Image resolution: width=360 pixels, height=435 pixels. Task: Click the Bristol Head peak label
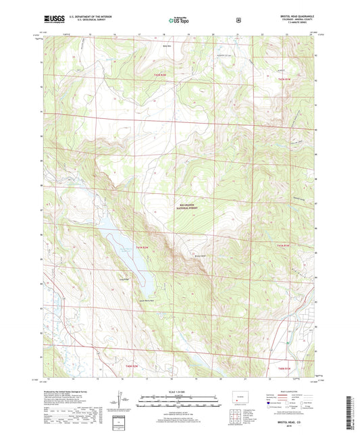coord(199,255)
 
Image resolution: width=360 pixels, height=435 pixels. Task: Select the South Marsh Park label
coord(147,300)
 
